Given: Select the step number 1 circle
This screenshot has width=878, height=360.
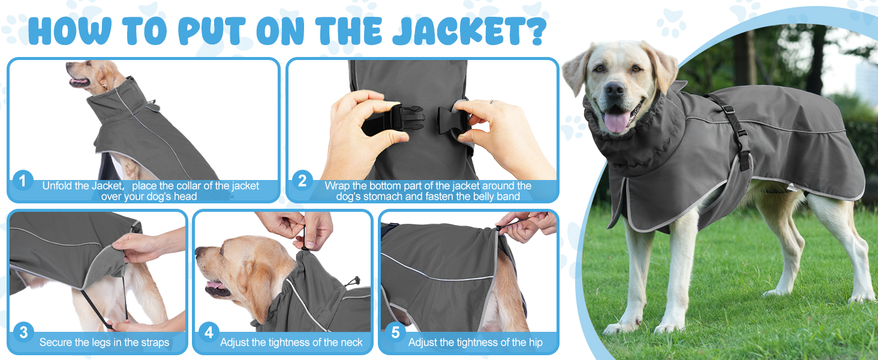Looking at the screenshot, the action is [23, 181].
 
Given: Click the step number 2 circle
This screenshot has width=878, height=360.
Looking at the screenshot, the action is [302, 181].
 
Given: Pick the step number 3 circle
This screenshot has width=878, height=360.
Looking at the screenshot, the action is [23, 332].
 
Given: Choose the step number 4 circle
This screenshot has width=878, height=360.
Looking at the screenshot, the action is [209, 332].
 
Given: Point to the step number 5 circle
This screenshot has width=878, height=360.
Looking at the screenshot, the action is [395, 332].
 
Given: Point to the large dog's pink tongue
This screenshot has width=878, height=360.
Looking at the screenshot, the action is [617, 121].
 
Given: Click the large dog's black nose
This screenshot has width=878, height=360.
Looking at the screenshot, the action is [614, 90].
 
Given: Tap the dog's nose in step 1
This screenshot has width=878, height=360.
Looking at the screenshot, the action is [68, 65].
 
